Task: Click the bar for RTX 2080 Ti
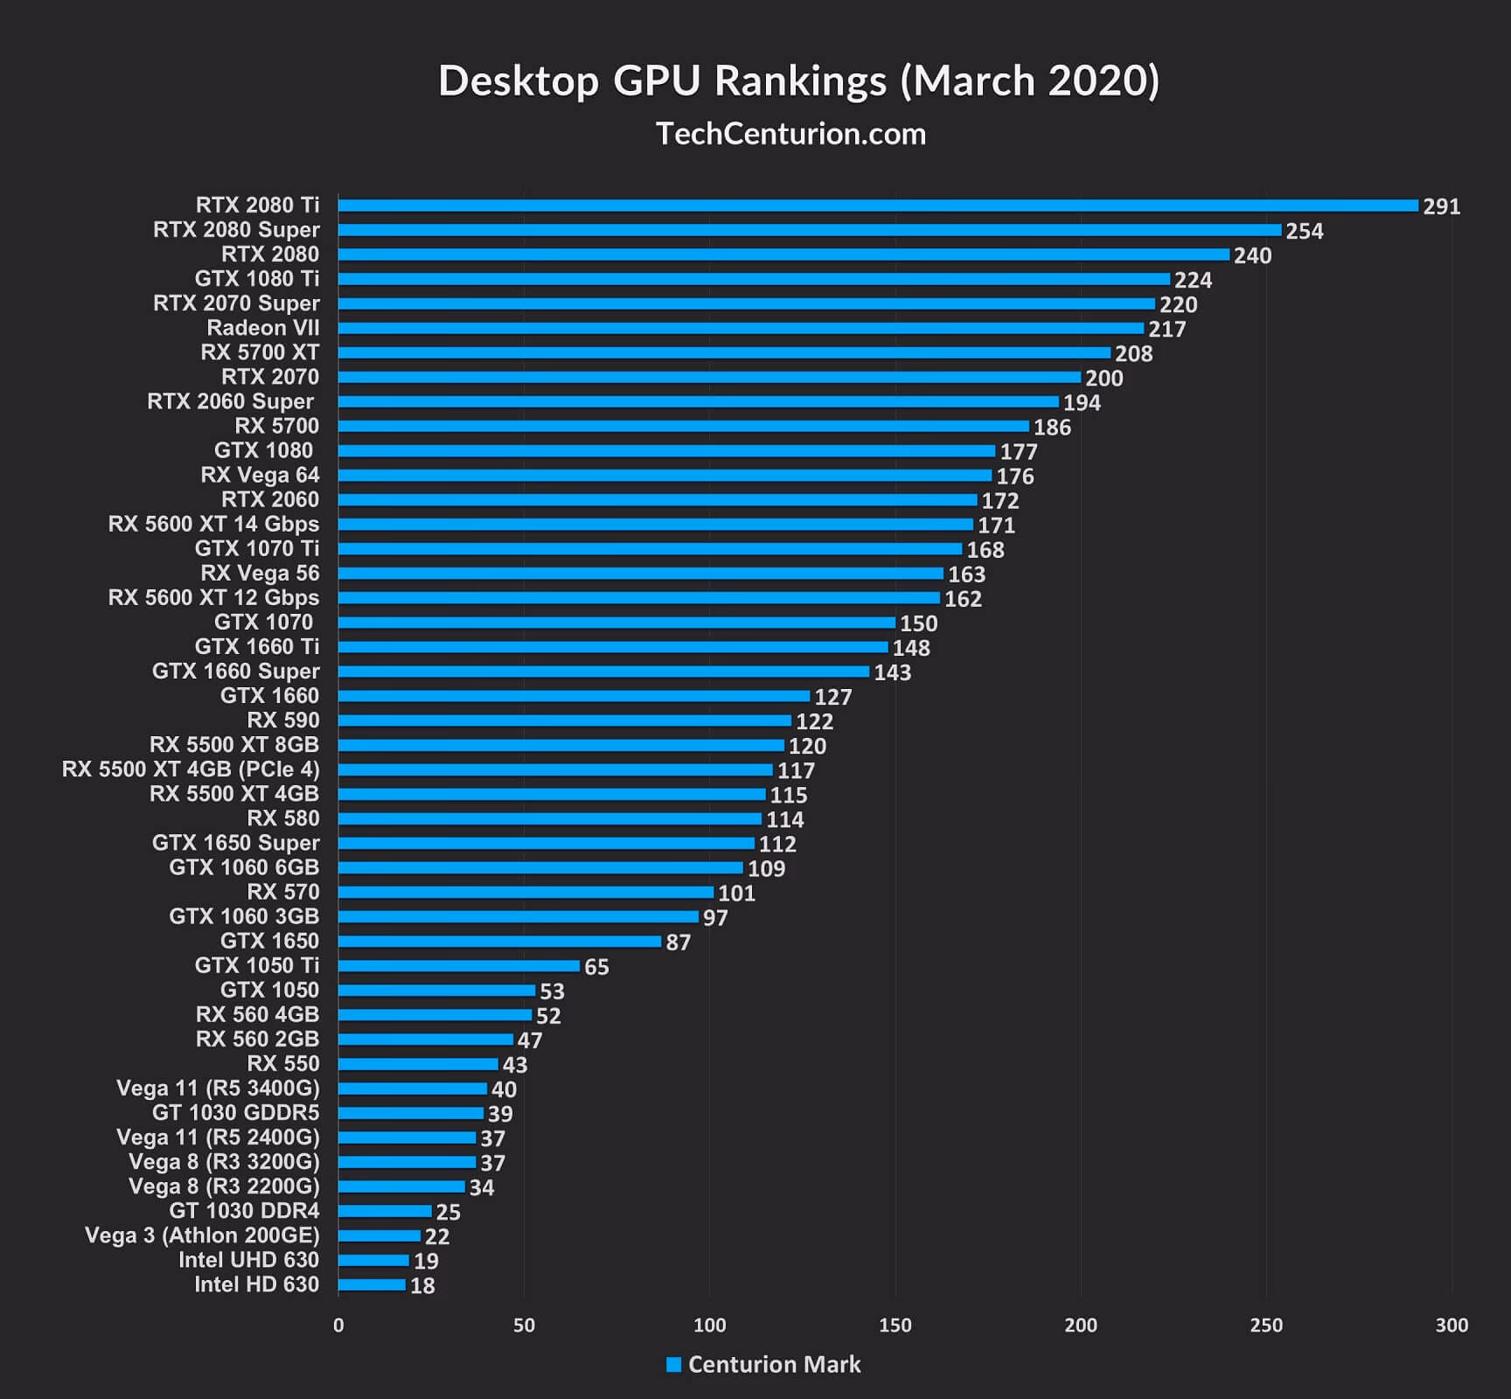(878, 206)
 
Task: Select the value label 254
(1304, 232)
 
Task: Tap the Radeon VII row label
(262, 328)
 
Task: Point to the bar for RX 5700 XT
(724, 353)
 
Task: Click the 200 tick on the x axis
(1081, 1325)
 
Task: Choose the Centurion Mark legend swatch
(673, 1365)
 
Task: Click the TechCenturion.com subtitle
(790, 134)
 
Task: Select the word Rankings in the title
(800, 81)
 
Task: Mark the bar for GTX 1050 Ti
(459, 966)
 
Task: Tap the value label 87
(678, 943)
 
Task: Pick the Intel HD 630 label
(256, 1284)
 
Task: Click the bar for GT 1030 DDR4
(385, 1212)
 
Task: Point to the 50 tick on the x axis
(524, 1325)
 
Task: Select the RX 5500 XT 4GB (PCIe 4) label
(191, 769)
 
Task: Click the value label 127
(832, 697)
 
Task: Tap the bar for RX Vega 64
(665, 476)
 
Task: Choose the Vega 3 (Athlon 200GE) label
(202, 1235)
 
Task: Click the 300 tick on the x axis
(1452, 1325)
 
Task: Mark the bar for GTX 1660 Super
(603, 672)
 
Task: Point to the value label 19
(426, 1261)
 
